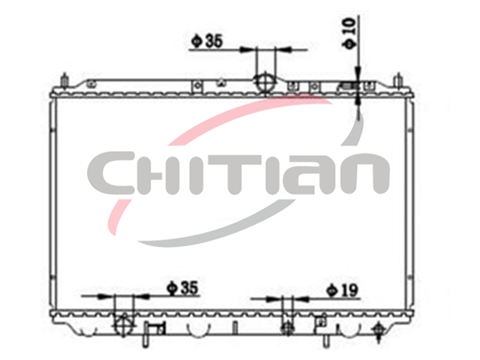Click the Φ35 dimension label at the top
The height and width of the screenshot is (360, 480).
tap(207, 41)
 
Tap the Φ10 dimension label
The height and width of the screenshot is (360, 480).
tap(350, 33)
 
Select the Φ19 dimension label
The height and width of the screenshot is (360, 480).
tap(342, 290)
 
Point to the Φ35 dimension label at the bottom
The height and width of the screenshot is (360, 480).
tap(182, 288)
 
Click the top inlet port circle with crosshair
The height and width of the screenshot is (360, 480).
tap(265, 82)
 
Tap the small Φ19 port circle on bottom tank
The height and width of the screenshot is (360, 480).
tap(287, 328)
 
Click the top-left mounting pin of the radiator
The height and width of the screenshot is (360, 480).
tap(64, 80)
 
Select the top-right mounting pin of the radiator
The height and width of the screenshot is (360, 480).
tap(398, 80)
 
